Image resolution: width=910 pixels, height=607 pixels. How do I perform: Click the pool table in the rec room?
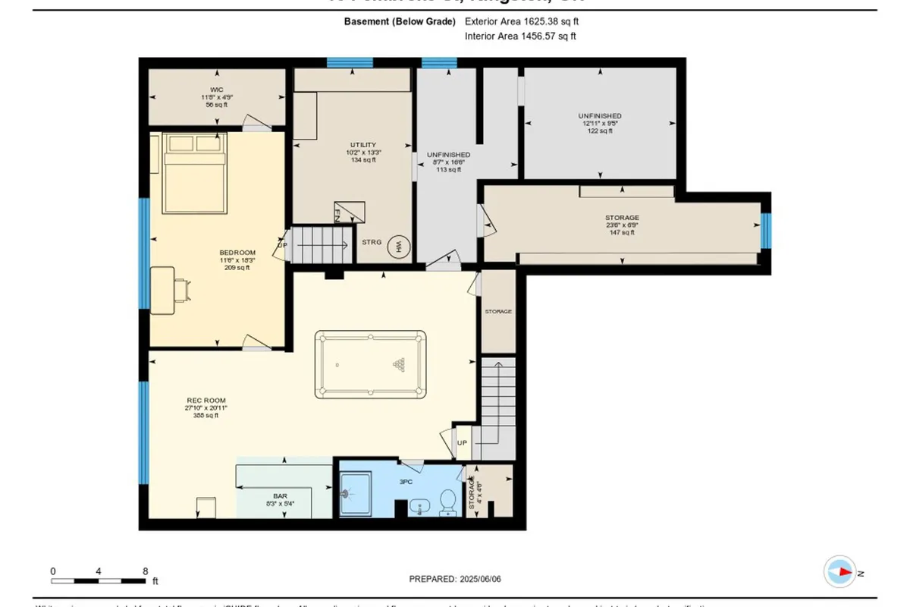pos(371,364)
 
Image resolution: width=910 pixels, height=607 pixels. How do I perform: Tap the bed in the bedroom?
pos(193,173)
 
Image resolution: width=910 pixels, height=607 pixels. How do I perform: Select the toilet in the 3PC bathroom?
pos(447,501)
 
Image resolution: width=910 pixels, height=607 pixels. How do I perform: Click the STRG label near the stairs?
pos(372,243)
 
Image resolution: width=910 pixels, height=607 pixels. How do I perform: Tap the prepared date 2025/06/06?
pos(455,578)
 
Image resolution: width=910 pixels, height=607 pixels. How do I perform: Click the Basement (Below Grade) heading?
pos(400,22)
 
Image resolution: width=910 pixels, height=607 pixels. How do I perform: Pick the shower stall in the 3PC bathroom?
pos(355,493)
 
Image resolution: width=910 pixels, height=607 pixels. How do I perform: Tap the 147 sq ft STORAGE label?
pos(622,225)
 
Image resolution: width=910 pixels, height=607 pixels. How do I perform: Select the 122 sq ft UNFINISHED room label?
pos(600,123)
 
